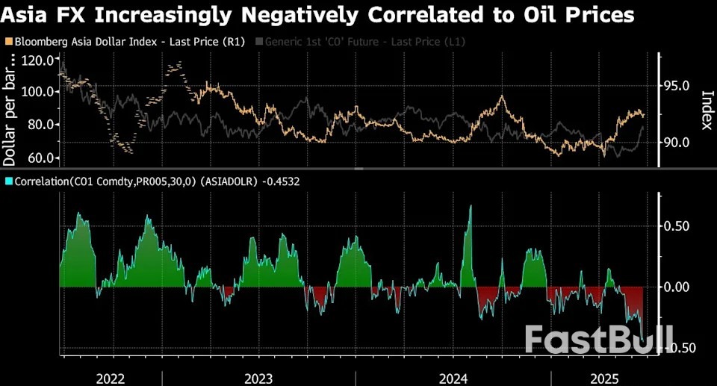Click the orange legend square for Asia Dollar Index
8,42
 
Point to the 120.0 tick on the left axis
38,60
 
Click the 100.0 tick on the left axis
38,92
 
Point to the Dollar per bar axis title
10,112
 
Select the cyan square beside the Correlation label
8,181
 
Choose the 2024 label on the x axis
453,378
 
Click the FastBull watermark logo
598,339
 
